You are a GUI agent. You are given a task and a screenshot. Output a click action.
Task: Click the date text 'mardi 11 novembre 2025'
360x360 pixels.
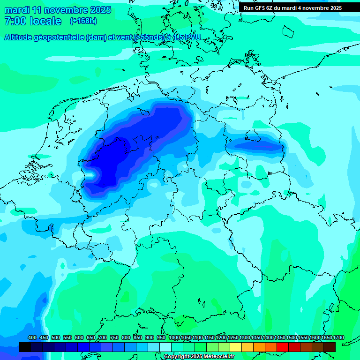(58, 10)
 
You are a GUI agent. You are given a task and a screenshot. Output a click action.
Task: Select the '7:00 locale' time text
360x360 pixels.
(33, 21)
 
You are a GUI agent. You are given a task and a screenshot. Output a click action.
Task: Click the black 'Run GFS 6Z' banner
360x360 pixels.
(292, 8)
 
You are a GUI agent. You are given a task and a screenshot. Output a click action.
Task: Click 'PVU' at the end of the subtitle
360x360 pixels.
(192, 37)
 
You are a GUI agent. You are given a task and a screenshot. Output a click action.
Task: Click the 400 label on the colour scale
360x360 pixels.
(32, 337)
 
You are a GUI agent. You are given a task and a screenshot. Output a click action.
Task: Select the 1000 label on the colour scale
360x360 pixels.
(174, 337)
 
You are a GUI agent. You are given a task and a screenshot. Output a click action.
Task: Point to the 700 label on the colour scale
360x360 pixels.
(103, 337)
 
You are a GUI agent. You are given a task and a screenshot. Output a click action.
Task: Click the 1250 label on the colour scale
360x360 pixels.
(233, 337)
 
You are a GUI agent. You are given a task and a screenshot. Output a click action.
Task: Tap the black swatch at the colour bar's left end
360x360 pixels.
(24, 347)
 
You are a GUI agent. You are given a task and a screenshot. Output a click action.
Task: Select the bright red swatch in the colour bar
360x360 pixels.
(283, 347)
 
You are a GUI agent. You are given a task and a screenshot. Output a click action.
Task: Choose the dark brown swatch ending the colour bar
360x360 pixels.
(330, 347)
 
